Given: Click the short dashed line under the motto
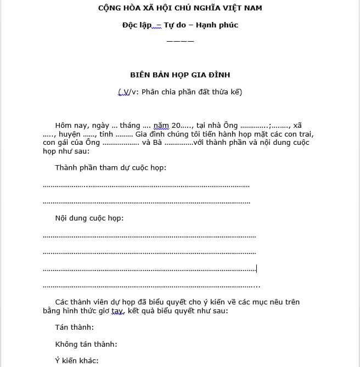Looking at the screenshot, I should (180, 41).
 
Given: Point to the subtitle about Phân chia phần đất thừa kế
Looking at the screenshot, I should (181, 92).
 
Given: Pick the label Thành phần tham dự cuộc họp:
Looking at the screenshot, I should (110, 167).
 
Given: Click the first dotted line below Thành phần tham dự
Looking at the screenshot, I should (146, 185).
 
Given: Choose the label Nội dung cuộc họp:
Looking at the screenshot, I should (89, 218).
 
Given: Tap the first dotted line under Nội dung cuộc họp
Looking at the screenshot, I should (149, 236).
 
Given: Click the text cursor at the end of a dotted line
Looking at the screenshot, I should (256, 269).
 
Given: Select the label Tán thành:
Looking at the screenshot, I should (75, 328).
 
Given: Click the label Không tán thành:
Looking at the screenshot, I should (86, 345).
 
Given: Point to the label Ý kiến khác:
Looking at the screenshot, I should (77, 361).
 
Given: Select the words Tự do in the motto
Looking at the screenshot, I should (176, 25).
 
